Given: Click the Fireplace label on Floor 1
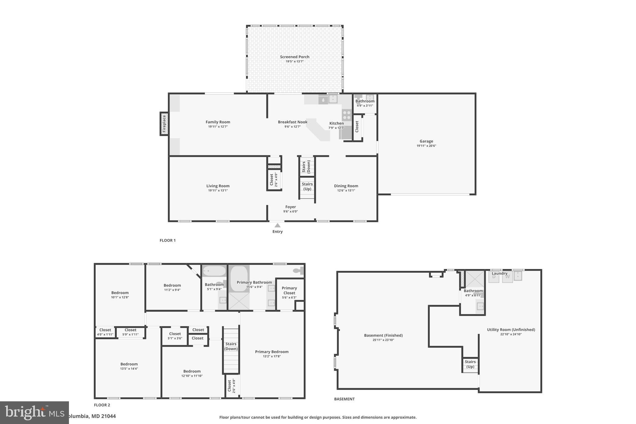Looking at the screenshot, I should [164, 124].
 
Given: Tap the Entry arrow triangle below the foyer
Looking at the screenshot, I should [277, 226].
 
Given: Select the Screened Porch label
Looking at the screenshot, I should [294, 57].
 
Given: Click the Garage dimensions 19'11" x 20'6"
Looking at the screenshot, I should [426, 146].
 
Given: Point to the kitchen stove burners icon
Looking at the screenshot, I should [347, 115].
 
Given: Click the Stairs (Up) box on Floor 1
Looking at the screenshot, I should [307, 187].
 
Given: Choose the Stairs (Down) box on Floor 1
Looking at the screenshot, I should [306, 167].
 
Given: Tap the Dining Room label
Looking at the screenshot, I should [346, 186].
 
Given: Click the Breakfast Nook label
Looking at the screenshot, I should [293, 122].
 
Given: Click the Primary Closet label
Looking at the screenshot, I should [289, 290].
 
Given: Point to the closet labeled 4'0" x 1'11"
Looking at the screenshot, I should [105, 332].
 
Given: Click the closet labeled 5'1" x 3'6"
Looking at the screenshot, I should [175, 336].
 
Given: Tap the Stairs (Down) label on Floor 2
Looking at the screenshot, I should [231, 346].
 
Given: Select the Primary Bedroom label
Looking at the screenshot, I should [272, 352].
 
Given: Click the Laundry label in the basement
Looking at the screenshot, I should [499, 273].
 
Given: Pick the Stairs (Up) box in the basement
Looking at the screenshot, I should [470, 364].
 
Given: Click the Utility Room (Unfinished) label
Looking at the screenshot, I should [511, 330].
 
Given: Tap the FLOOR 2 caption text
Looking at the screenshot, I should [102, 405].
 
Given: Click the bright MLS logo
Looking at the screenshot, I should [34, 413].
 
